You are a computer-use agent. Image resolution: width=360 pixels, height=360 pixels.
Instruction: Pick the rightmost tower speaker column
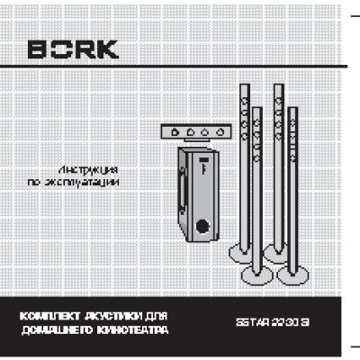point(293,180)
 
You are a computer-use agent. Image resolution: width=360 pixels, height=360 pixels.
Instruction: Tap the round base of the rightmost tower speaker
point(293,275)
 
